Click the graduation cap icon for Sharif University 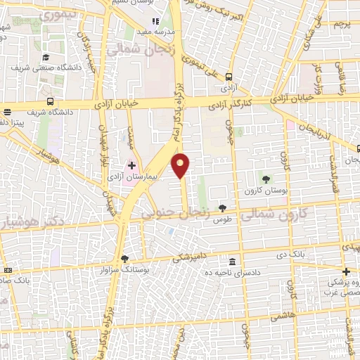(x=46, y=57)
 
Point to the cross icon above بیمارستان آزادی (x=131, y=166)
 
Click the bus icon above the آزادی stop (x=229, y=78)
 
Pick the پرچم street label (x=342, y=24)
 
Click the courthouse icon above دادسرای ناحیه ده (x=232, y=262)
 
